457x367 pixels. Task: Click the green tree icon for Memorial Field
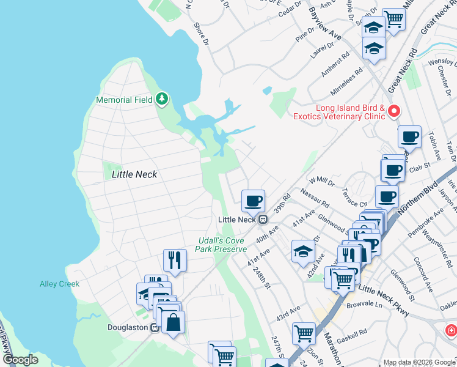[x=162, y=98]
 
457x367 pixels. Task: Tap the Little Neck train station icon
[x=262, y=219]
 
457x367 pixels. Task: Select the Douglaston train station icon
[x=155, y=328]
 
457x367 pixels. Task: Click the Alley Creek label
[x=60, y=284]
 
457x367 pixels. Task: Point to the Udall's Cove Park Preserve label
[x=221, y=245]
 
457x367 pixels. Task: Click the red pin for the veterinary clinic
[x=394, y=111]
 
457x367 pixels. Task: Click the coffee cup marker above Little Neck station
[x=253, y=200]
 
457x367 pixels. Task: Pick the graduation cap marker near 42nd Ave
[x=304, y=251]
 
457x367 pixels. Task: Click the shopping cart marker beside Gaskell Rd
[x=304, y=333]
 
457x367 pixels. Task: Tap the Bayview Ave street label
[x=324, y=24]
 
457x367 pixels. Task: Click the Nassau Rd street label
[x=315, y=197]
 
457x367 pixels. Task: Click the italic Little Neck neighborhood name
[x=134, y=174]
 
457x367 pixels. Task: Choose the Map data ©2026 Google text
[x=419, y=362]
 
